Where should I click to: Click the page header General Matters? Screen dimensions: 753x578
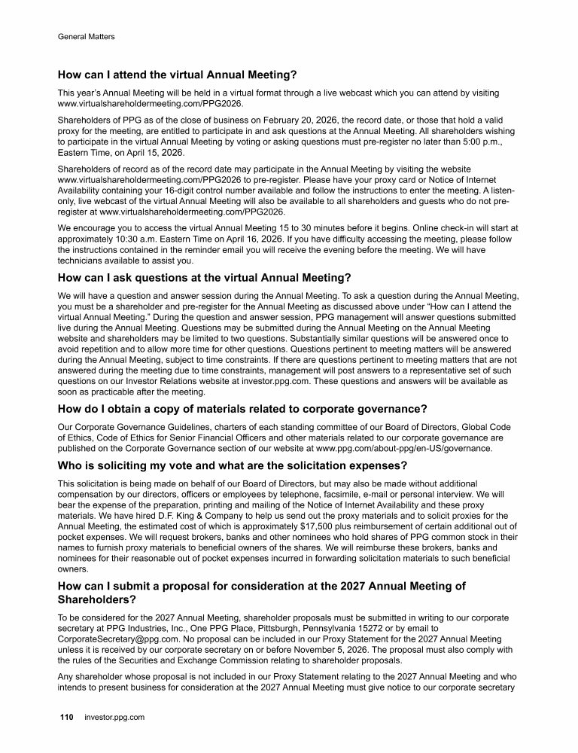[x=87, y=35]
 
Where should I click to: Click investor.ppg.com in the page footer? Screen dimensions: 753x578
[x=114, y=718]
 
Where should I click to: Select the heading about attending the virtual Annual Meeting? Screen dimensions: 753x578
[x=178, y=75]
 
